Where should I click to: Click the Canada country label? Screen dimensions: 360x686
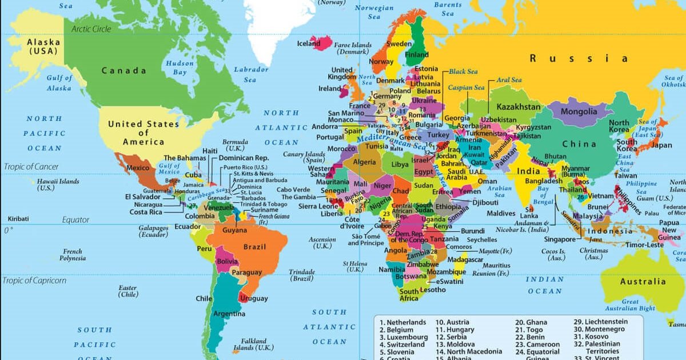point(124,71)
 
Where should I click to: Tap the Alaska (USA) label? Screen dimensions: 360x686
point(43,46)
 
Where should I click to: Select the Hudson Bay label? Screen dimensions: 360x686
point(180,68)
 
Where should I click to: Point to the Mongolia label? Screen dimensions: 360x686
point(579,111)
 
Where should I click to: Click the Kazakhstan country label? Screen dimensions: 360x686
point(518,107)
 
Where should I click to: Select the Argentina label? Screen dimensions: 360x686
point(229,314)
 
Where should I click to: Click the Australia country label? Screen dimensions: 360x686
point(643,281)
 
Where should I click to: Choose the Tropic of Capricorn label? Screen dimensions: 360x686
point(34,281)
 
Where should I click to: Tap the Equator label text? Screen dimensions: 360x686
point(76,219)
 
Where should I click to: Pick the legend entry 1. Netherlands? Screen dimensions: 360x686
point(403,322)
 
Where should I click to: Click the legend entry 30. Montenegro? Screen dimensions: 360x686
point(601,329)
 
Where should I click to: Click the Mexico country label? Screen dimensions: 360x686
point(137,168)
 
